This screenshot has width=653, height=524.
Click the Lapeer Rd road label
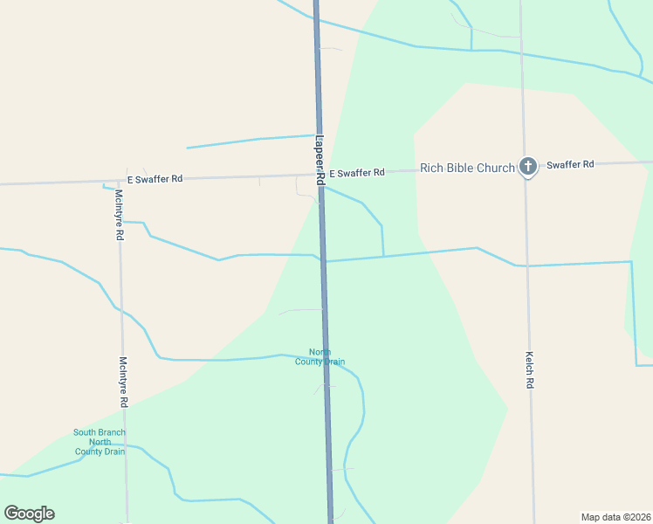(x=320, y=159)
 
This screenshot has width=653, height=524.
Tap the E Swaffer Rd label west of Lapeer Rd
(x=155, y=179)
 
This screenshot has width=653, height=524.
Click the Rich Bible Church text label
(x=467, y=168)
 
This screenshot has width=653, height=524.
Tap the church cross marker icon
(x=527, y=166)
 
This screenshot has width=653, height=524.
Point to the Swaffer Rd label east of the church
(x=570, y=164)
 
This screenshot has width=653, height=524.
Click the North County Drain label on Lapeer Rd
(x=320, y=357)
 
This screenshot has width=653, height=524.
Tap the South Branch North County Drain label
(x=100, y=442)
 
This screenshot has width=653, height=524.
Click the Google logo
(x=29, y=514)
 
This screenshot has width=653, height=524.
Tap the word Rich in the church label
(x=432, y=168)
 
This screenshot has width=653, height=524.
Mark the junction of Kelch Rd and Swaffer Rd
(x=525, y=166)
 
